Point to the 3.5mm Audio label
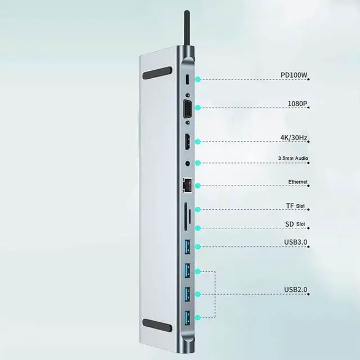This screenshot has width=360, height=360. pos(293,159)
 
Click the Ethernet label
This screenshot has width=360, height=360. pos(298,182)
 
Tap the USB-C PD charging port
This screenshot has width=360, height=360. pos(188,80)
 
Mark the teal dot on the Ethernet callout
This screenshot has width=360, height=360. pos(198,185)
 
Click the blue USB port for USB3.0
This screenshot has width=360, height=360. pos(188,245)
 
